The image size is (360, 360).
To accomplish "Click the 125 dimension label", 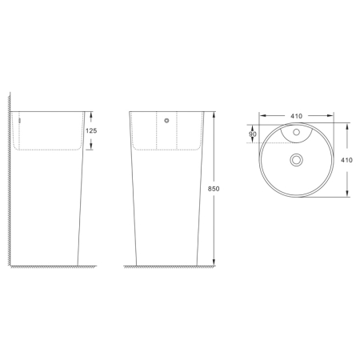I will click(90, 130).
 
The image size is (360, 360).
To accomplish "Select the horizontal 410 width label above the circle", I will click(296, 116).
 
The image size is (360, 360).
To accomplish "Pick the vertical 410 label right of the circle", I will click(346, 160).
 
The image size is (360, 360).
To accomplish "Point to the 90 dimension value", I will click(253, 134).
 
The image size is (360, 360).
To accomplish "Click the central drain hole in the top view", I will click(297, 160).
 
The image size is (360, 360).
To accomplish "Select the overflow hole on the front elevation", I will click(165, 122).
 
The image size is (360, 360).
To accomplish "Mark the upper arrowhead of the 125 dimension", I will click(90, 114).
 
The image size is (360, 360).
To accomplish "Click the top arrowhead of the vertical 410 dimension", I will click(346, 126).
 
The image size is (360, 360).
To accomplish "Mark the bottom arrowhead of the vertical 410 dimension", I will click(346, 194).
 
